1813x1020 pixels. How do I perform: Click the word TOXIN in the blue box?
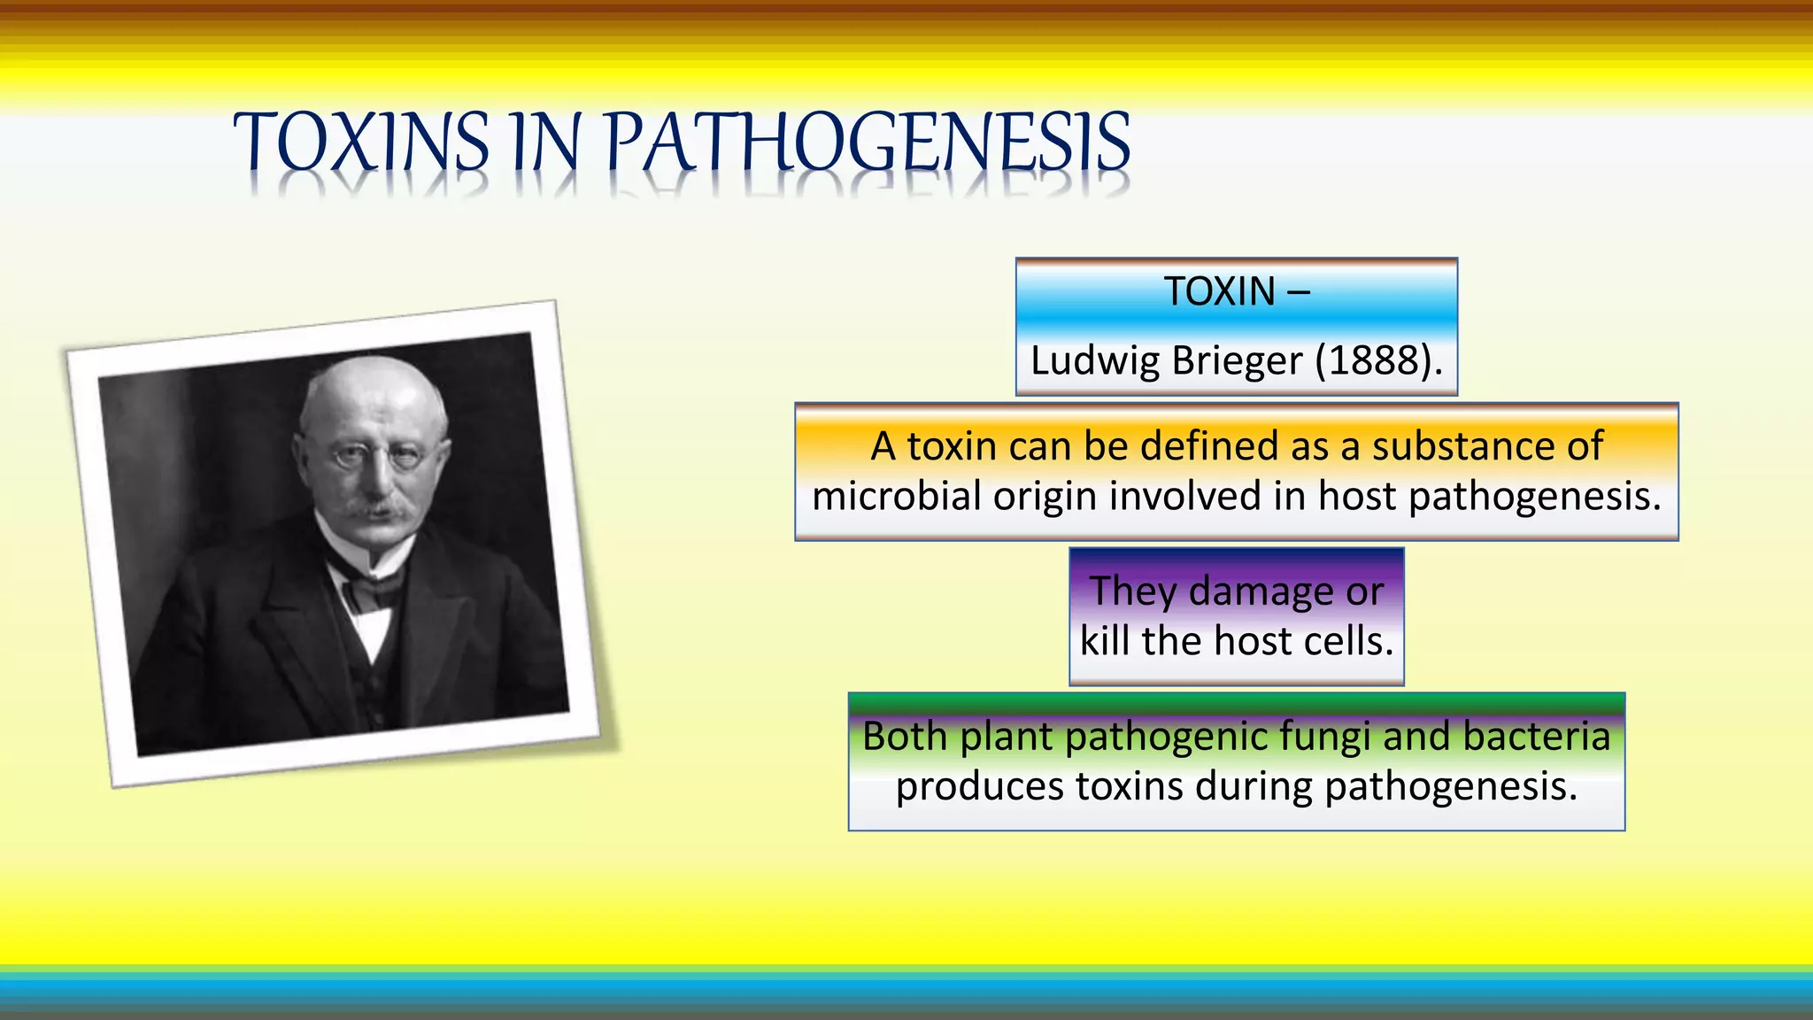click(1219, 291)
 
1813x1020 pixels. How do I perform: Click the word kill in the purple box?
click(1105, 641)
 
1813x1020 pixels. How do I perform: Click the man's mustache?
click(378, 511)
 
